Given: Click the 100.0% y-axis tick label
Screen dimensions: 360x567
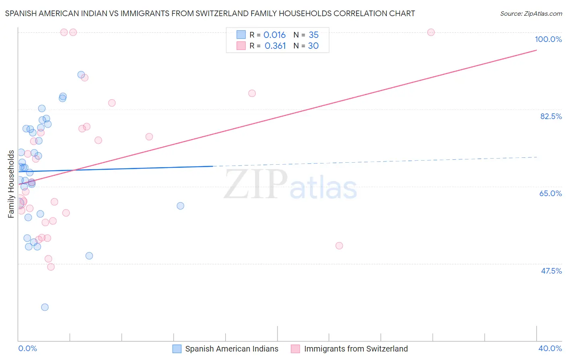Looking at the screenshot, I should pos(548,39).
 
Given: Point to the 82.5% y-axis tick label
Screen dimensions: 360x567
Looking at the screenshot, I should pos(551,116).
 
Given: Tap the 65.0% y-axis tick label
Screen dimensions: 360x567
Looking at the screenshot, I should pos(550,193).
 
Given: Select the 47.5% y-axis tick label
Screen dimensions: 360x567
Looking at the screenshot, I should pos(551,271).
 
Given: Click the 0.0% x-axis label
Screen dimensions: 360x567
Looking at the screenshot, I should pos(27,348).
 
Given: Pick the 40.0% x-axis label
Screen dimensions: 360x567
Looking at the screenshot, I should pos(550,348).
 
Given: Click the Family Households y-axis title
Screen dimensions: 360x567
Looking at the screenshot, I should pos(11,184).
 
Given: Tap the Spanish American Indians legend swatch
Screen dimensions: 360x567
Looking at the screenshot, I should pos(177,349).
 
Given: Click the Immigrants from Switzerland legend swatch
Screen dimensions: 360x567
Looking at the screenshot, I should pos(296,349).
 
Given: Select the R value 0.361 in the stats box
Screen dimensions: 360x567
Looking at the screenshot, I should pos(275,46).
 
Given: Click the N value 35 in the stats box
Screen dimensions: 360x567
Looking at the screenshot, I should pos(313,35).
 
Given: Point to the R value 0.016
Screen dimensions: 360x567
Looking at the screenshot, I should pos(274,35).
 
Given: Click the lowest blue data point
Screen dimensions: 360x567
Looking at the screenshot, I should pos(45,307).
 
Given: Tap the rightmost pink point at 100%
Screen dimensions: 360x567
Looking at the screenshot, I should pos(431,32).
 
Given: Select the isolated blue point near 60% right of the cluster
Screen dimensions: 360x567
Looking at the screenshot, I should pos(180,206).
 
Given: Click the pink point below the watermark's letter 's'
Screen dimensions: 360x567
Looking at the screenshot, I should pos(339,246).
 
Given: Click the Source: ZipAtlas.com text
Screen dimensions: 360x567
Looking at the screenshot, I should pos(531,14).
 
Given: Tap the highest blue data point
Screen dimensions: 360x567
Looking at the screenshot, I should pos(81,75).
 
